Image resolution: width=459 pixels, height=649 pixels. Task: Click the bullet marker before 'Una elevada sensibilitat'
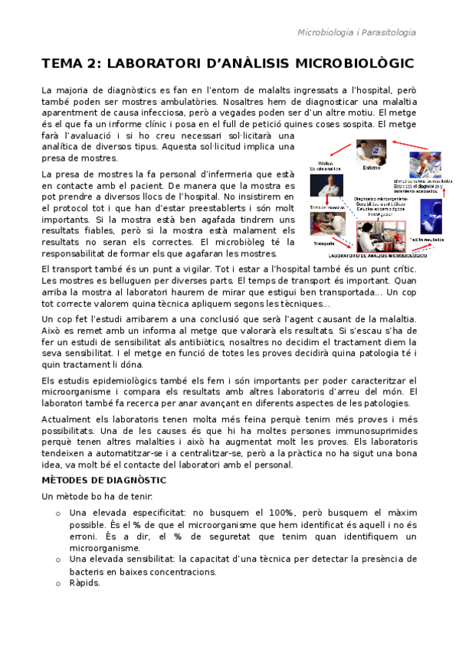point(58,560)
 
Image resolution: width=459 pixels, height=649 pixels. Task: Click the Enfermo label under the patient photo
point(371,168)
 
